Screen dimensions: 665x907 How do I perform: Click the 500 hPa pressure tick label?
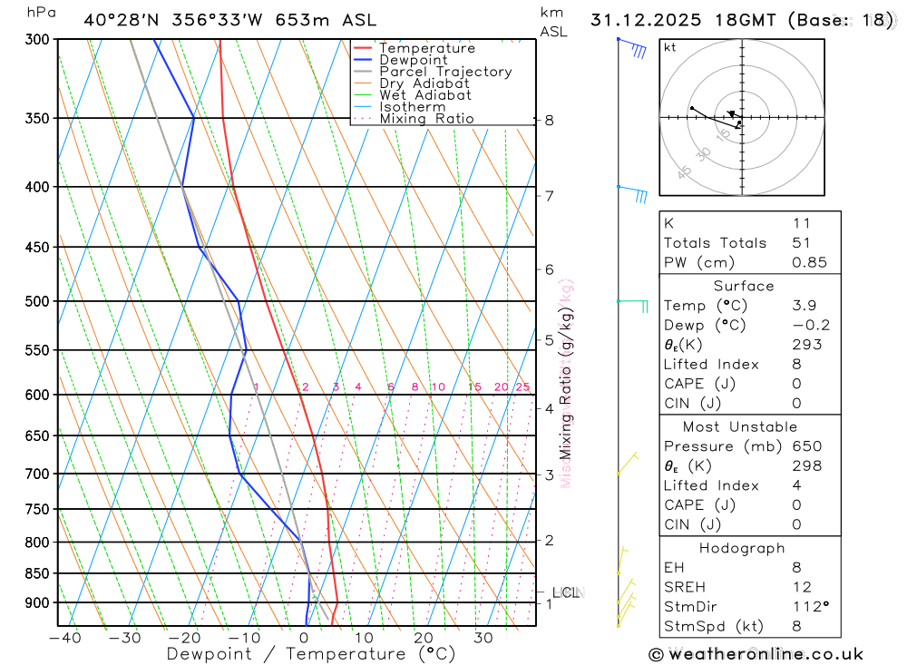click(38, 301)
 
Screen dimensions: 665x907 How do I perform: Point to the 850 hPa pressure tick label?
click(38, 573)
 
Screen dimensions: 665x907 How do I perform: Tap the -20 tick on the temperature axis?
click(184, 638)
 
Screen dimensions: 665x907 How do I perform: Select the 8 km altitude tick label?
click(549, 120)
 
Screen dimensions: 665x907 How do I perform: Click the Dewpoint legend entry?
click(413, 60)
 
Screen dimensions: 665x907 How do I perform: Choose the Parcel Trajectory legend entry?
click(445, 72)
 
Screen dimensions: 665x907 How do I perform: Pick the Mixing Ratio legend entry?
click(426, 119)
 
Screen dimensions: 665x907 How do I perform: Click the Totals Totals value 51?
click(801, 243)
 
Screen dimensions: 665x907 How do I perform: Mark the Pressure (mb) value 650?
click(806, 446)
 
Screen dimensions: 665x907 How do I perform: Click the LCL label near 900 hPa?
click(565, 593)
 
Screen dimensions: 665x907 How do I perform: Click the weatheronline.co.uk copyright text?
click(756, 654)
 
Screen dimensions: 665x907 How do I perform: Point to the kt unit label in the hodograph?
click(670, 47)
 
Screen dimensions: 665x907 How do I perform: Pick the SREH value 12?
click(801, 587)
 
